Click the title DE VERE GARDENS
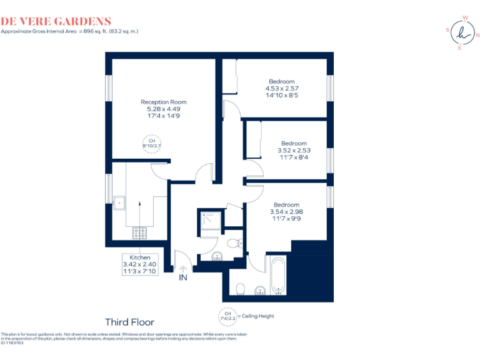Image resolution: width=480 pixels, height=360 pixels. point(56,22)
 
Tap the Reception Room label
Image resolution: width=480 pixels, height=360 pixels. point(163,102)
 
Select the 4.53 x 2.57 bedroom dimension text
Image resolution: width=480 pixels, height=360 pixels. point(281,89)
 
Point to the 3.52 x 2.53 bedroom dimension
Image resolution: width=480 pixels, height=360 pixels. point(294,150)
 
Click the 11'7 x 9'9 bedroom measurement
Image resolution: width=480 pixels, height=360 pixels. point(286,219)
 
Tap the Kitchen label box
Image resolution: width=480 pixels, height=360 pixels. point(140,265)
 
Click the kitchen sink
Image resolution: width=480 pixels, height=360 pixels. point(119,202)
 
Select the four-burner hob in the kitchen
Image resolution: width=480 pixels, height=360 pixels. point(139,233)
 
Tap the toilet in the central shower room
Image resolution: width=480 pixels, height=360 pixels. point(234,243)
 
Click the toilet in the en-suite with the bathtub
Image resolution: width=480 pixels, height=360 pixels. point(241,288)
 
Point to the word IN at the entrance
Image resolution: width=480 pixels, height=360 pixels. point(183,277)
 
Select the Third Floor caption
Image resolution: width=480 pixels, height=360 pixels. point(129,322)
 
